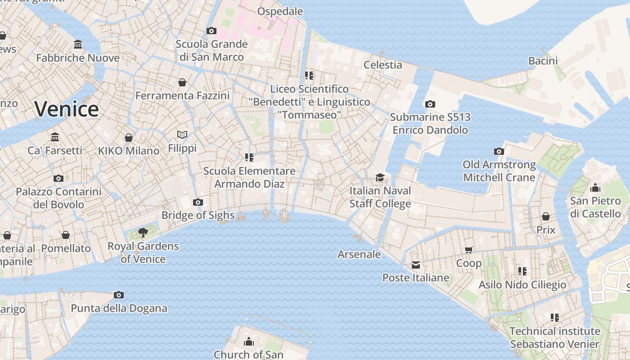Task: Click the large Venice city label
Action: (x=67, y=109)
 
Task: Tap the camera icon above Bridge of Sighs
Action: (x=198, y=202)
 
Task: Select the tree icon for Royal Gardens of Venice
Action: (x=143, y=233)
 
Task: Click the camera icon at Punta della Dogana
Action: (x=119, y=295)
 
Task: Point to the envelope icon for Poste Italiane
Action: (x=415, y=265)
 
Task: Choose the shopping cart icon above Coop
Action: (x=469, y=250)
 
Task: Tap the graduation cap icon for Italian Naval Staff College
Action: (x=380, y=177)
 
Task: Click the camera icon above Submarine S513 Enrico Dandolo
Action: (x=430, y=104)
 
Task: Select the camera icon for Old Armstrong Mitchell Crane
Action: (x=499, y=151)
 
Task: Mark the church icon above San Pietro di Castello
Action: (x=595, y=187)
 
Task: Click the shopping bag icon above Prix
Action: (x=546, y=216)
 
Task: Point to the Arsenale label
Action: (x=359, y=254)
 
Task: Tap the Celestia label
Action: (x=382, y=65)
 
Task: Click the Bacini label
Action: (x=543, y=61)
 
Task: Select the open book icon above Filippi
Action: (x=182, y=135)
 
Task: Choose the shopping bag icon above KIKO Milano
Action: (x=129, y=137)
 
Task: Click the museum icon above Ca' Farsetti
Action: (x=55, y=137)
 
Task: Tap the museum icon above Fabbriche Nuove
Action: (x=78, y=44)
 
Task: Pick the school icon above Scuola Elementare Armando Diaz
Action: (x=249, y=157)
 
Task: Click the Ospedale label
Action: (x=280, y=11)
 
